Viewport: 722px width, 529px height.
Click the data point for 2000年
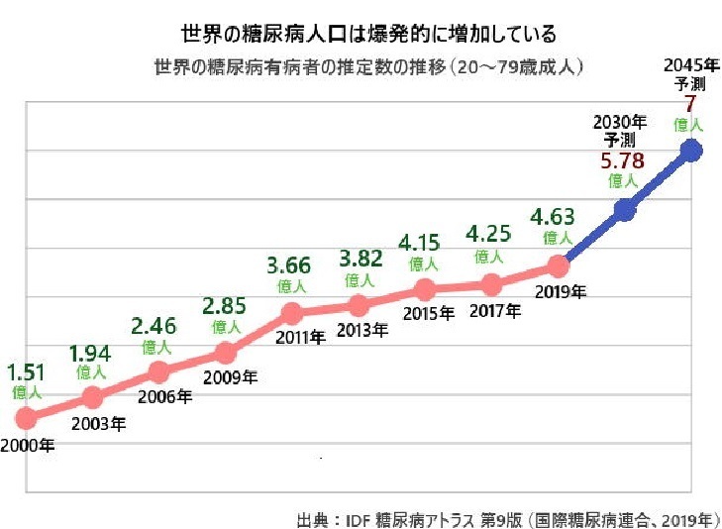click(x=26, y=417)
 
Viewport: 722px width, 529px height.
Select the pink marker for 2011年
click(x=292, y=314)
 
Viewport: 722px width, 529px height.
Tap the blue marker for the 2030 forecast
click(x=625, y=209)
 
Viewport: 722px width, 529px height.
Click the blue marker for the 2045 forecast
click(x=691, y=151)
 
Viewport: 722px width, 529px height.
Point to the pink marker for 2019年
click(x=559, y=265)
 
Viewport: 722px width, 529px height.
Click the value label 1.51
click(x=27, y=372)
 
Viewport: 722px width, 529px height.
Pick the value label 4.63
click(x=553, y=217)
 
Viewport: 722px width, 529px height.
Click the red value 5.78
click(x=622, y=160)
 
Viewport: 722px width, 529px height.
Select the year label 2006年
click(x=163, y=397)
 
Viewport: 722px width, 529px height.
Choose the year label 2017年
click(x=494, y=311)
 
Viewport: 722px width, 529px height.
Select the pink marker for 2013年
click(x=359, y=305)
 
